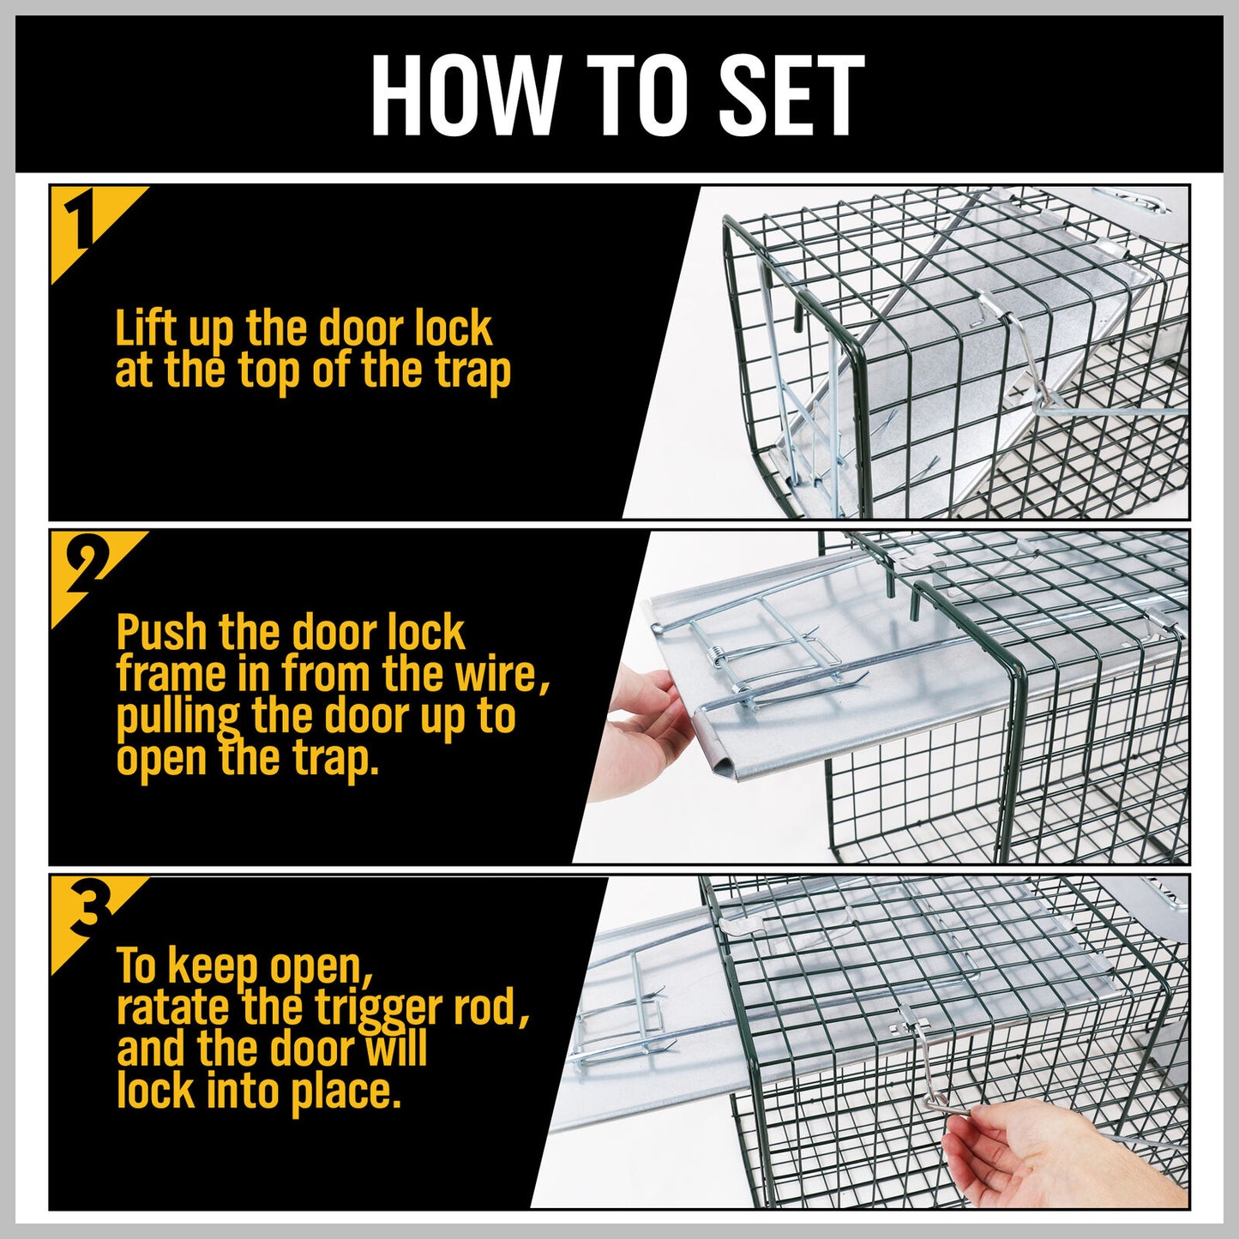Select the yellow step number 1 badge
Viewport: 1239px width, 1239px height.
point(81,225)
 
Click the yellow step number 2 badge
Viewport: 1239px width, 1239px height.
point(81,568)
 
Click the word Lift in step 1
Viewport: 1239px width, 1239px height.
point(146,328)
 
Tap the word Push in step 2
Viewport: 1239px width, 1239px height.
point(162,634)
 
